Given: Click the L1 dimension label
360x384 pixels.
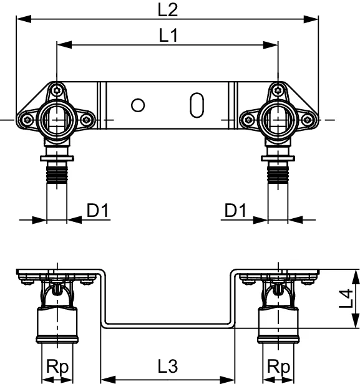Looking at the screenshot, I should pyautogui.click(x=167, y=36).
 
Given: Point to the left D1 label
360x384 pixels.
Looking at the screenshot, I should pyautogui.click(x=98, y=211).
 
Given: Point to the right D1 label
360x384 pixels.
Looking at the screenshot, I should pyautogui.click(x=235, y=211).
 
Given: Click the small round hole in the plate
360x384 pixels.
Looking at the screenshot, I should pyautogui.click(x=139, y=105).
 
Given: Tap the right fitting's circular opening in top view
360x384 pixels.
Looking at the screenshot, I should pyautogui.click(x=275, y=117).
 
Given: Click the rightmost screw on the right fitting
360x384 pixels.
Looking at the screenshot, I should pyautogui.click(x=306, y=119).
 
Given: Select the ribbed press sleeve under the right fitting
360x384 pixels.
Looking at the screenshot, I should pyautogui.click(x=275, y=170).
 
